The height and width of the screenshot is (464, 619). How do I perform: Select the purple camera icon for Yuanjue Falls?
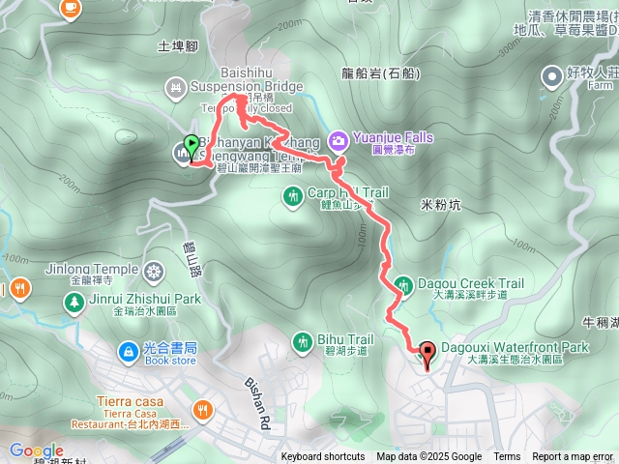pyautogui.click(x=339, y=139)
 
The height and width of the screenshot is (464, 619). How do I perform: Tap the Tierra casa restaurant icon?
pyautogui.click(x=202, y=410)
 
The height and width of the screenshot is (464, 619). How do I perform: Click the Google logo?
pyautogui.click(x=36, y=450)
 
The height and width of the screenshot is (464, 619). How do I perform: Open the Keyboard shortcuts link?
pyautogui.click(x=322, y=457)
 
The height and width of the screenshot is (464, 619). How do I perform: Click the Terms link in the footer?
pyautogui.click(x=507, y=457)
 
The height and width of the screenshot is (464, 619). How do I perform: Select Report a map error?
pyautogui.click(x=573, y=457)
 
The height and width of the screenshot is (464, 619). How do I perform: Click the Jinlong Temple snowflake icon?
pyautogui.click(x=155, y=270)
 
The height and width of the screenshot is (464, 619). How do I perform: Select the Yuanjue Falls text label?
pyautogui.click(x=392, y=138)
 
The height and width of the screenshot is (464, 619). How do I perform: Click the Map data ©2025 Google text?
pyautogui.click(x=429, y=457)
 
